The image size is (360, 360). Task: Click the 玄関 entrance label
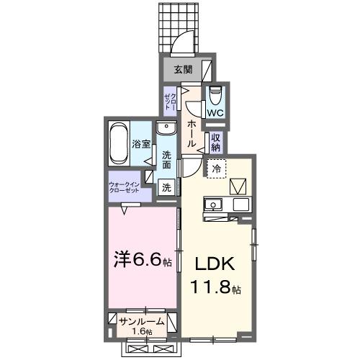coord(182,70)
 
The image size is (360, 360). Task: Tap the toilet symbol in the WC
coord(215,94)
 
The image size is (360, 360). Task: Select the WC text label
coord(215,113)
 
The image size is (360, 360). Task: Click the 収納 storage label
coord(216,140)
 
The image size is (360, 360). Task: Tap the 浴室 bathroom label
coord(140,143)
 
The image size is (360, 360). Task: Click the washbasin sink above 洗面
coord(166,130)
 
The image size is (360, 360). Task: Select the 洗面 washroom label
coord(166,160)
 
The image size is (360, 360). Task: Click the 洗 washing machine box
coord(166,189)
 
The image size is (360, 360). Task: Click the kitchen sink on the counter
coord(213,206)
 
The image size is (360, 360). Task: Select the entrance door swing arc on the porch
coord(186,43)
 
